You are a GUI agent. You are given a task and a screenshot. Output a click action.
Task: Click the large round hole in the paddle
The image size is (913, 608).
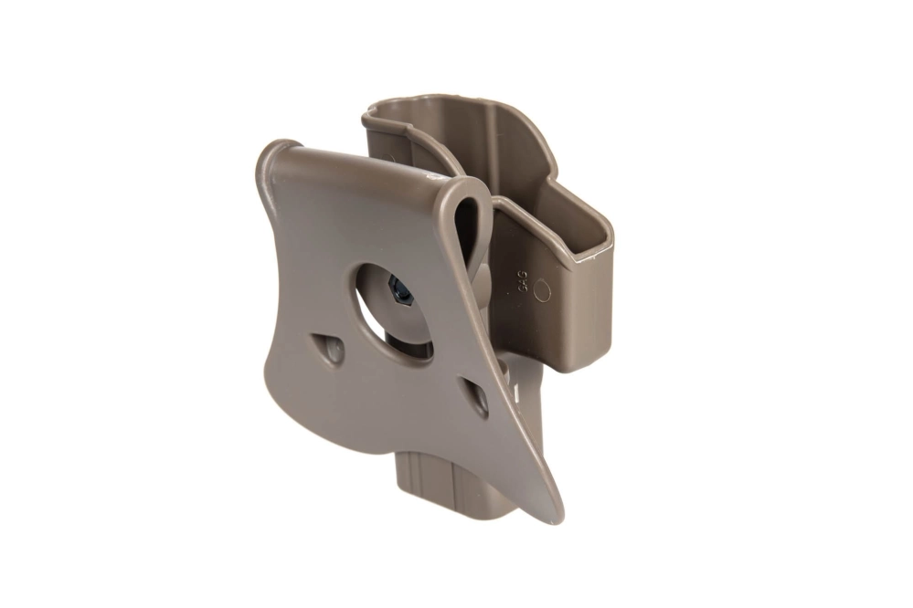pyautogui.click(x=388, y=306)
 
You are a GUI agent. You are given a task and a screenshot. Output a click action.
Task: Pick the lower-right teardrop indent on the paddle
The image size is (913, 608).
pyautogui.click(x=476, y=397)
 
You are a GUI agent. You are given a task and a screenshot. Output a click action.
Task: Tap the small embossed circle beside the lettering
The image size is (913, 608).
pyautogui.click(x=542, y=291)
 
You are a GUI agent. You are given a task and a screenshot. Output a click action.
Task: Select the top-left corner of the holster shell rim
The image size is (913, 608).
pyautogui.click(x=367, y=117)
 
